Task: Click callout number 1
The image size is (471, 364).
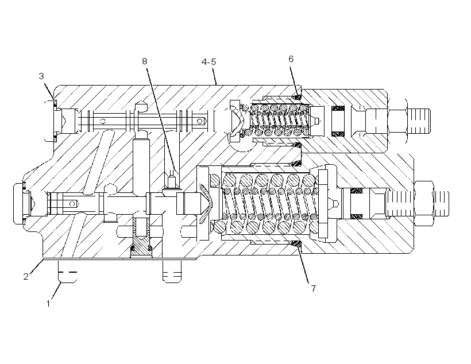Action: coord(48,304)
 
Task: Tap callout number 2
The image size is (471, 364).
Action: coord(26,276)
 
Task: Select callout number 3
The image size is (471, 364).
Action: coord(41,76)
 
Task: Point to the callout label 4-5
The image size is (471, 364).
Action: coord(209,62)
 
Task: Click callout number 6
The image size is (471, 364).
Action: coord(291,59)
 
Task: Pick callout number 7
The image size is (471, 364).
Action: coord(314,288)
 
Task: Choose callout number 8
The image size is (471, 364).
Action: coord(145,61)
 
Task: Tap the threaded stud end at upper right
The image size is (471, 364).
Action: coord(419,121)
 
